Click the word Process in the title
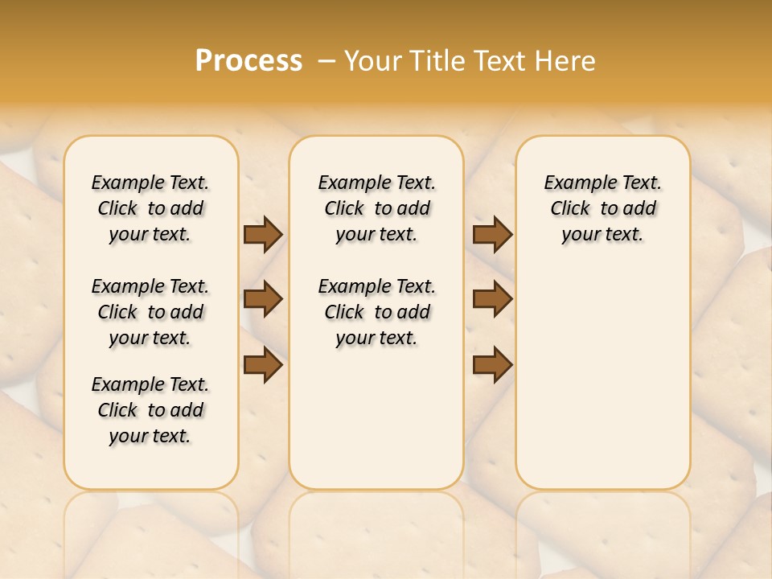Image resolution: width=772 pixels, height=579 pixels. pos(248,61)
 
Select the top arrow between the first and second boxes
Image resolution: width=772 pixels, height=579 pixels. pos(263,234)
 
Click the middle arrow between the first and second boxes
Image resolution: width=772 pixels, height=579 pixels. pos(263,299)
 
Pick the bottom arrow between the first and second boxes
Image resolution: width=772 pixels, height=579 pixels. pos(263,365)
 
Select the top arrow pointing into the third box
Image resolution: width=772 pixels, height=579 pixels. pos(492,234)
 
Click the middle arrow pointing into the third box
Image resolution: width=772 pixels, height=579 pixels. pos(492,299)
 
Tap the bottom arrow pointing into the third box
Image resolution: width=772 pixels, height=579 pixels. pos(492,365)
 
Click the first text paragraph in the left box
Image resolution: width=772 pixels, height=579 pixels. pos(150,208)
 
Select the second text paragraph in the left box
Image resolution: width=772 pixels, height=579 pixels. pos(150,312)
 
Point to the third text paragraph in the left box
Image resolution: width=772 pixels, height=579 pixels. pos(150,410)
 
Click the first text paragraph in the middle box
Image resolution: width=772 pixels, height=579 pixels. pos(376,208)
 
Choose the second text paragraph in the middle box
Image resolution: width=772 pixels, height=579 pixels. pos(376,312)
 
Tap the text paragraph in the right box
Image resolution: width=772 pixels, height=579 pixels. pos(602,208)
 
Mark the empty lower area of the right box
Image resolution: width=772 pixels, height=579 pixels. pos(602,370)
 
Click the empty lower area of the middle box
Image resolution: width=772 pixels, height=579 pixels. pos(376,418)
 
